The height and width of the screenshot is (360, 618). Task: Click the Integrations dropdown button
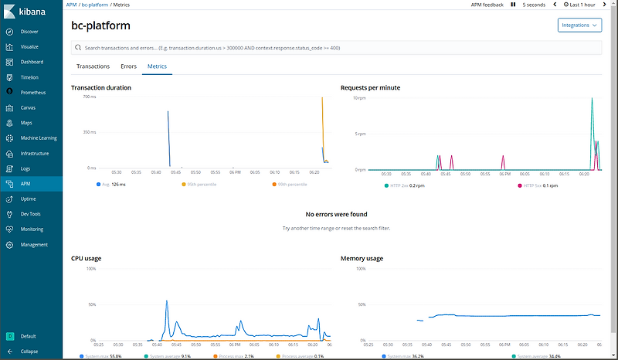coord(579,25)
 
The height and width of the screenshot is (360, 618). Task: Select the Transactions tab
coord(93,66)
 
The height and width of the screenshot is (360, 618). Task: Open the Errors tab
coord(128,66)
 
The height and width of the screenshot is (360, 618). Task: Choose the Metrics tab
coord(157,66)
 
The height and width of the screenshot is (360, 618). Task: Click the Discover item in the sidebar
coord(29,32)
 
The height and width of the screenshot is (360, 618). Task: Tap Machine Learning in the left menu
coord(39,138)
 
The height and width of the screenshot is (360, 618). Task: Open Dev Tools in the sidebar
coord(30,214)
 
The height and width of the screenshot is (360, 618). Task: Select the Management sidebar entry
coord(34,244)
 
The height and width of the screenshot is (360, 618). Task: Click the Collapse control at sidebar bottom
coord(29,351)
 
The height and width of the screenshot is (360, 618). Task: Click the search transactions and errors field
coord(336,48)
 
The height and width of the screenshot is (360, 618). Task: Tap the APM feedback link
coord(487,5)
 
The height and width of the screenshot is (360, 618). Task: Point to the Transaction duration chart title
coord(100,87)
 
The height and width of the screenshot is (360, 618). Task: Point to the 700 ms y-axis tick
coord(90,97)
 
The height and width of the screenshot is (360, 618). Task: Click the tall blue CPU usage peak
coord(166,302)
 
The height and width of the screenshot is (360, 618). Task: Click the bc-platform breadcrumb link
coord(97,5)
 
